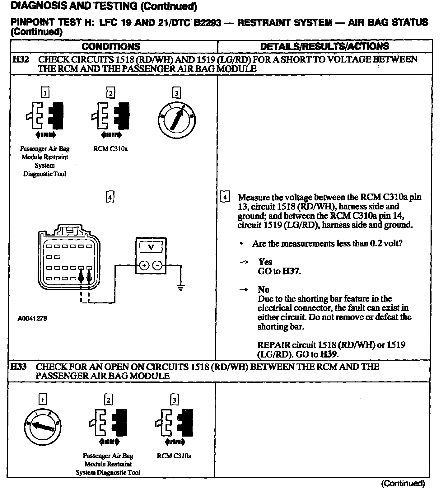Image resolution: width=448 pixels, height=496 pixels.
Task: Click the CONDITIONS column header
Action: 111,47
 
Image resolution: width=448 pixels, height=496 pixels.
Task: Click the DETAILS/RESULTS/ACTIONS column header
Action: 324,46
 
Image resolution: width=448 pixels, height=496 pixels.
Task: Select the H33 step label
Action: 18,367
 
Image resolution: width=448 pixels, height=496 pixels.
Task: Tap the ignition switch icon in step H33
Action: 42,426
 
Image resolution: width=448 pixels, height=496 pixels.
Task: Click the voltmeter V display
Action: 151,247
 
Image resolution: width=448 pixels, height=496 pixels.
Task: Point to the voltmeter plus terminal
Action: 144,265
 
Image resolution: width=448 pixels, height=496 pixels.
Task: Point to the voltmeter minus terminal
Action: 158,265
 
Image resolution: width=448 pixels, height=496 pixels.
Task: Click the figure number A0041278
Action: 32,319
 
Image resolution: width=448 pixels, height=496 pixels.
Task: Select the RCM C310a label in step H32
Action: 110,149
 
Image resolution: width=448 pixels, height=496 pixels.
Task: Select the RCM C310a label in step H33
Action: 174,456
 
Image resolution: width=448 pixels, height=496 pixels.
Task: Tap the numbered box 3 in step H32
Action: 176,93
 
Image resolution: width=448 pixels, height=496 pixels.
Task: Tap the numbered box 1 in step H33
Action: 43,400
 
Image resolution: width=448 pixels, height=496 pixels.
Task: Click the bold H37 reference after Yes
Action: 292,271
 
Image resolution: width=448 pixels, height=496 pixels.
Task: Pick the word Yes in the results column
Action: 265,262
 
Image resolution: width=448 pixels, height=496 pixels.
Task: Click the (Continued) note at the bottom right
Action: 403,483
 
